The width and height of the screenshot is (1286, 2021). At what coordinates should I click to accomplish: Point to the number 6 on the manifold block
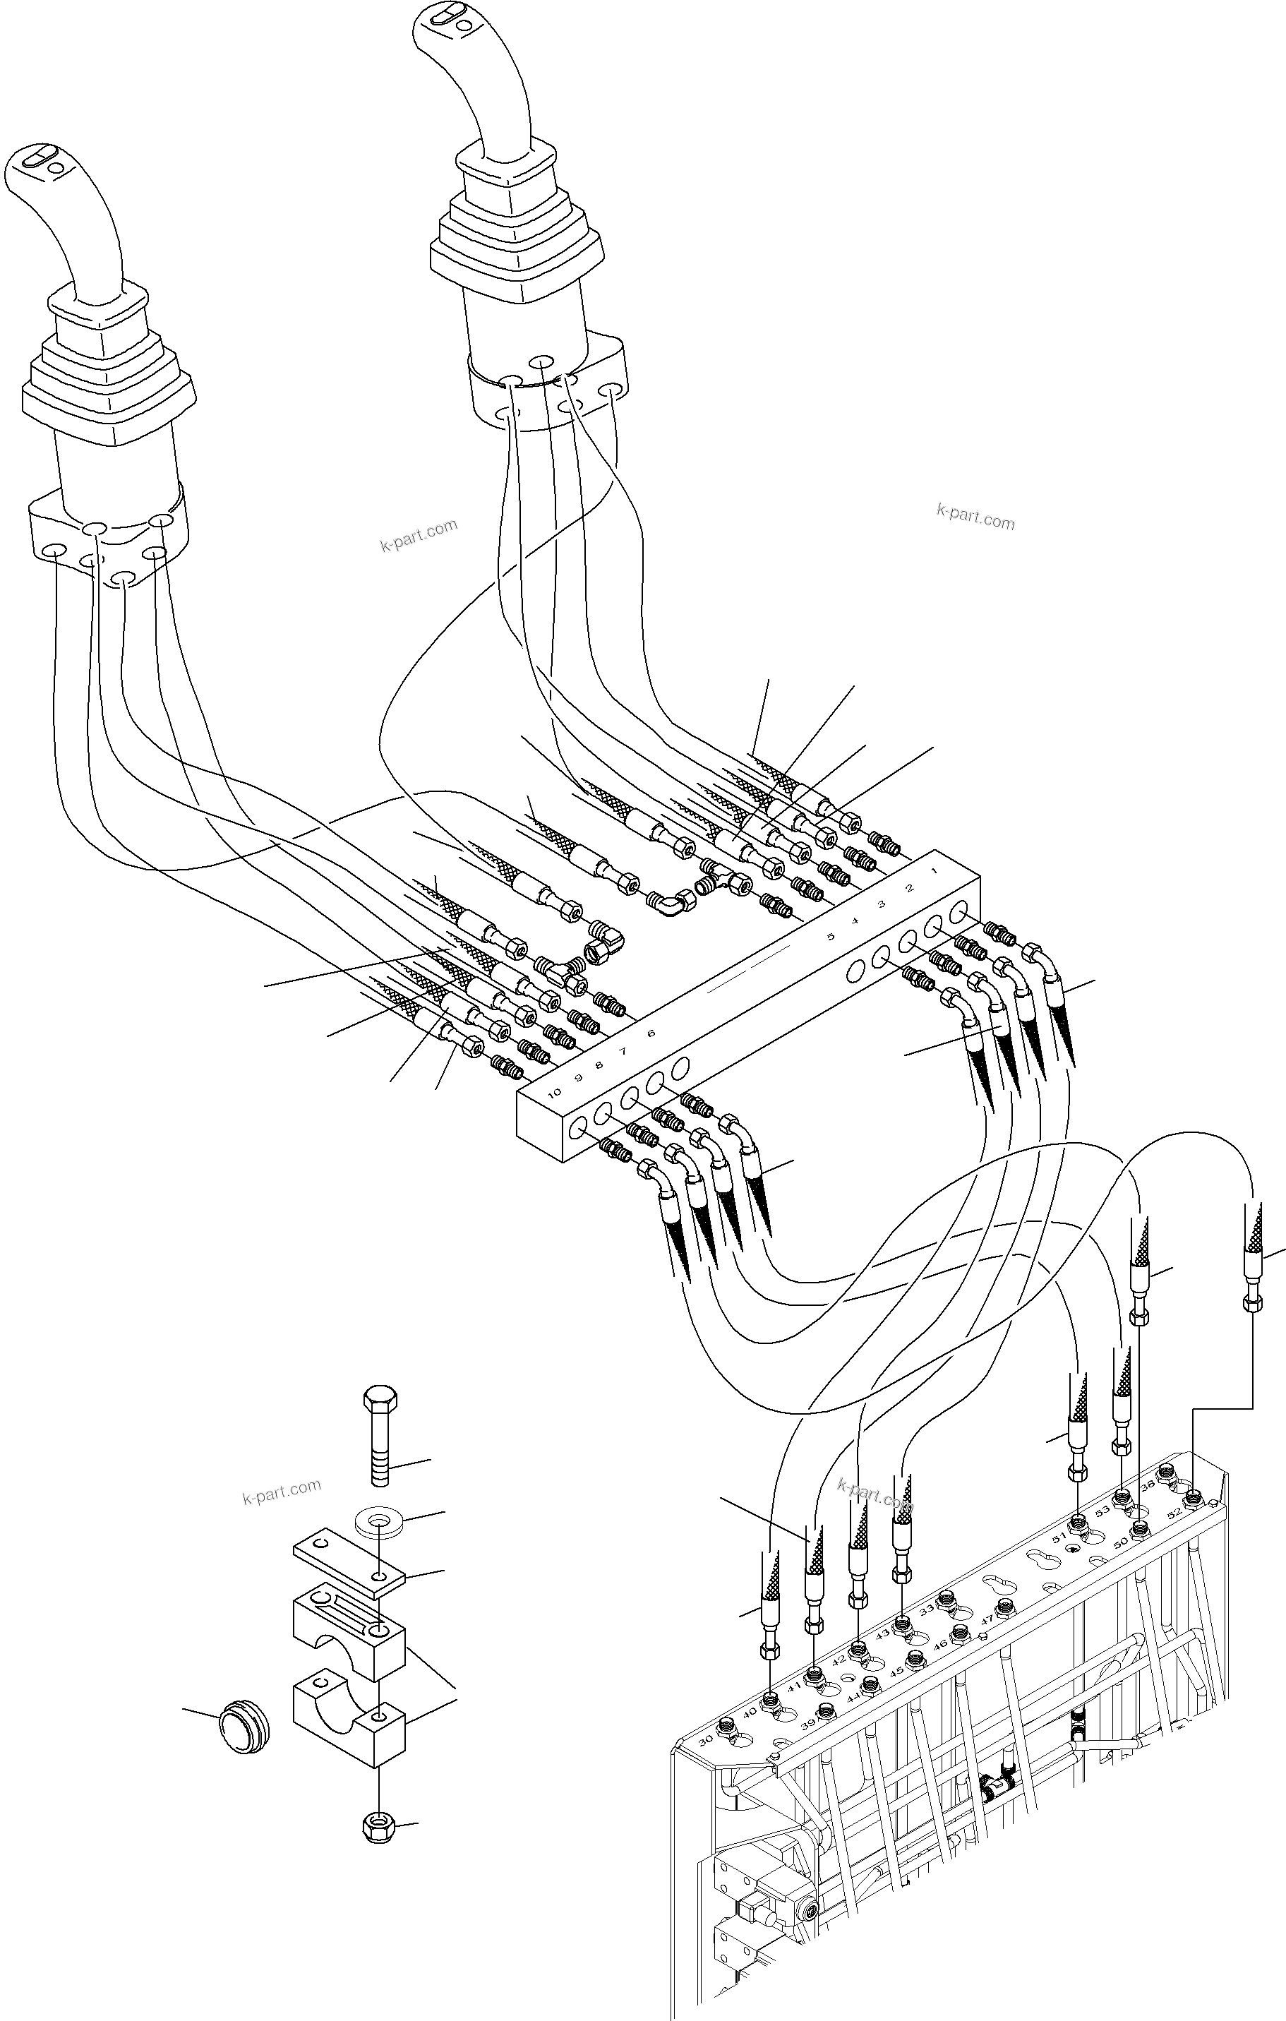(651, 1033)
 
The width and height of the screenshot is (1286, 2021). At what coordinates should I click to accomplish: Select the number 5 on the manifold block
(830, 936)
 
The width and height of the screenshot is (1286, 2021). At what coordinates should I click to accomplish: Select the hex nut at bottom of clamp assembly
(374, 1825)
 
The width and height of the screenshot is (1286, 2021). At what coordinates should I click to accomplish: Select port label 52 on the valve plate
(1174, 1511)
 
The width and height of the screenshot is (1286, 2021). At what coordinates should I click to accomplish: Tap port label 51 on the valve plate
(1059, 1537)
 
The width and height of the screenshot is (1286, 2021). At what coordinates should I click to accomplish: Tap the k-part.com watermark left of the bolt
(281, 1492)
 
